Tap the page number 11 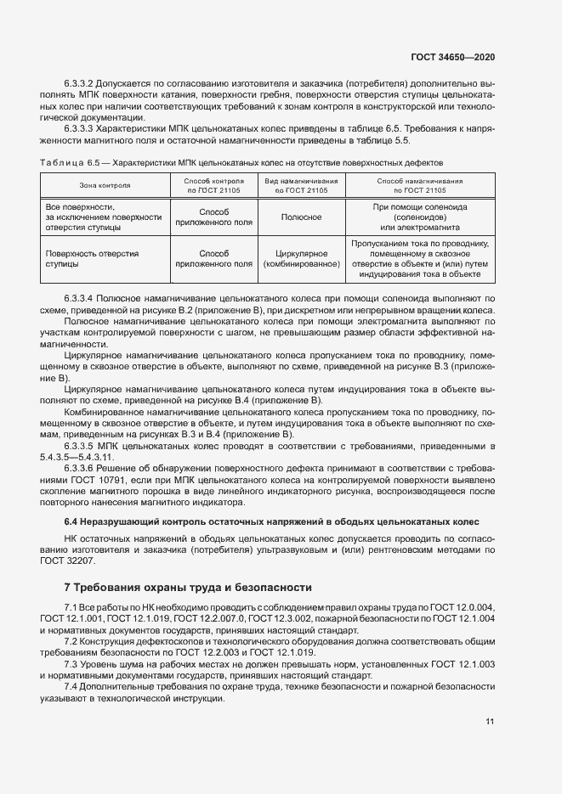click(490, 722)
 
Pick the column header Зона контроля click(105, 185)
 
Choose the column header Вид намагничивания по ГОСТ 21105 click(302, 185)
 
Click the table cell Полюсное click(302, 217)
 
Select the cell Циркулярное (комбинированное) click(302, 258)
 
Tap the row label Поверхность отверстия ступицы click(85, 258)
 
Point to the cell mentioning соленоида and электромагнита click(420, 217)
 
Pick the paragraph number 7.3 click(71, 663)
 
